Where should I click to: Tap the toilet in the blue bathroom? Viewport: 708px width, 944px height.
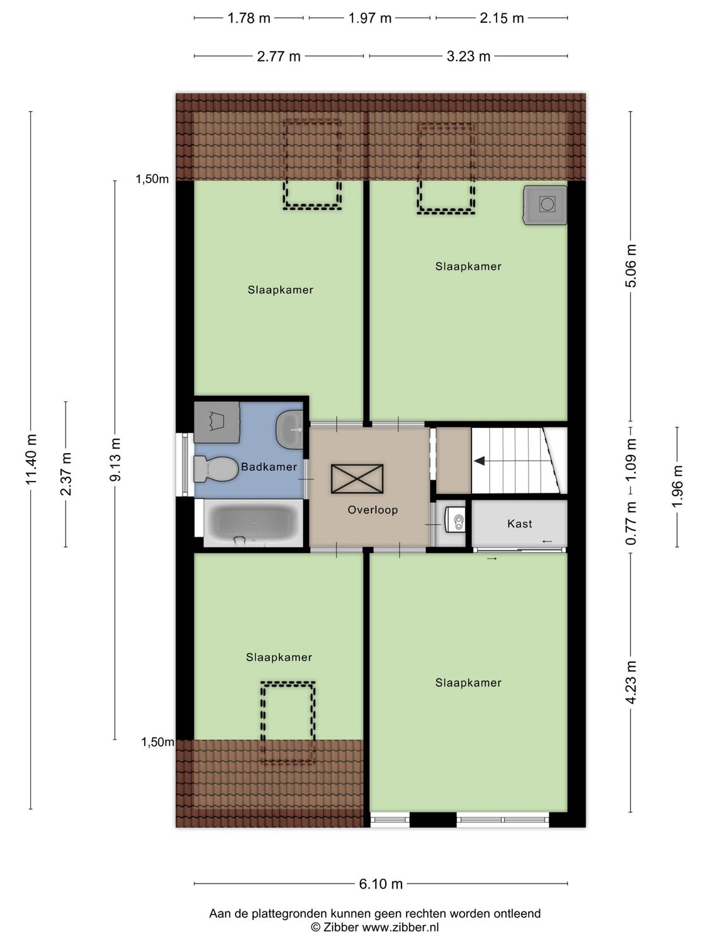(214, 469)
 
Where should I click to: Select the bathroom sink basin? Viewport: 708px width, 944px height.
(290, 429)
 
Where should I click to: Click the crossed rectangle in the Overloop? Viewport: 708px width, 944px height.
(357, 479)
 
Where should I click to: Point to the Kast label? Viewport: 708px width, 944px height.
(519, 524)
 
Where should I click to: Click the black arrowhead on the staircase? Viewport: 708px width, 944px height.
(480, 461)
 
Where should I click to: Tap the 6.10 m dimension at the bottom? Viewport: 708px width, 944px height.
(381, 884)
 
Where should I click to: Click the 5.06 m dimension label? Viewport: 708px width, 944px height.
(631, 266)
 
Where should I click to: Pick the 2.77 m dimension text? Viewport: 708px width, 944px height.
(279, 57)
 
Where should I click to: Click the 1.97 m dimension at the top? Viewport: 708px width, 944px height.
(370, 18)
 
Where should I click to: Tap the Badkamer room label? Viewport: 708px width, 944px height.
(269, 467)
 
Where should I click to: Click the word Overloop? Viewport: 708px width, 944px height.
(373, 510)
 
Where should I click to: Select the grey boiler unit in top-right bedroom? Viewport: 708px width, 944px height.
(545, 205)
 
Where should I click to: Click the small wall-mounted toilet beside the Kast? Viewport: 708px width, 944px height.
(456, 520)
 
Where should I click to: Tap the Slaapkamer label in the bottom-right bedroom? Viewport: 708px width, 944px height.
(468, 683)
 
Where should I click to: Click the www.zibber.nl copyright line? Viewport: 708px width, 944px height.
(375, 927)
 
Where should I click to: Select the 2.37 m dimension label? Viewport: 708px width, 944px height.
(66, 473)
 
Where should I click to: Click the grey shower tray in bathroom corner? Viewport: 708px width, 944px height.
(216, 421)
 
